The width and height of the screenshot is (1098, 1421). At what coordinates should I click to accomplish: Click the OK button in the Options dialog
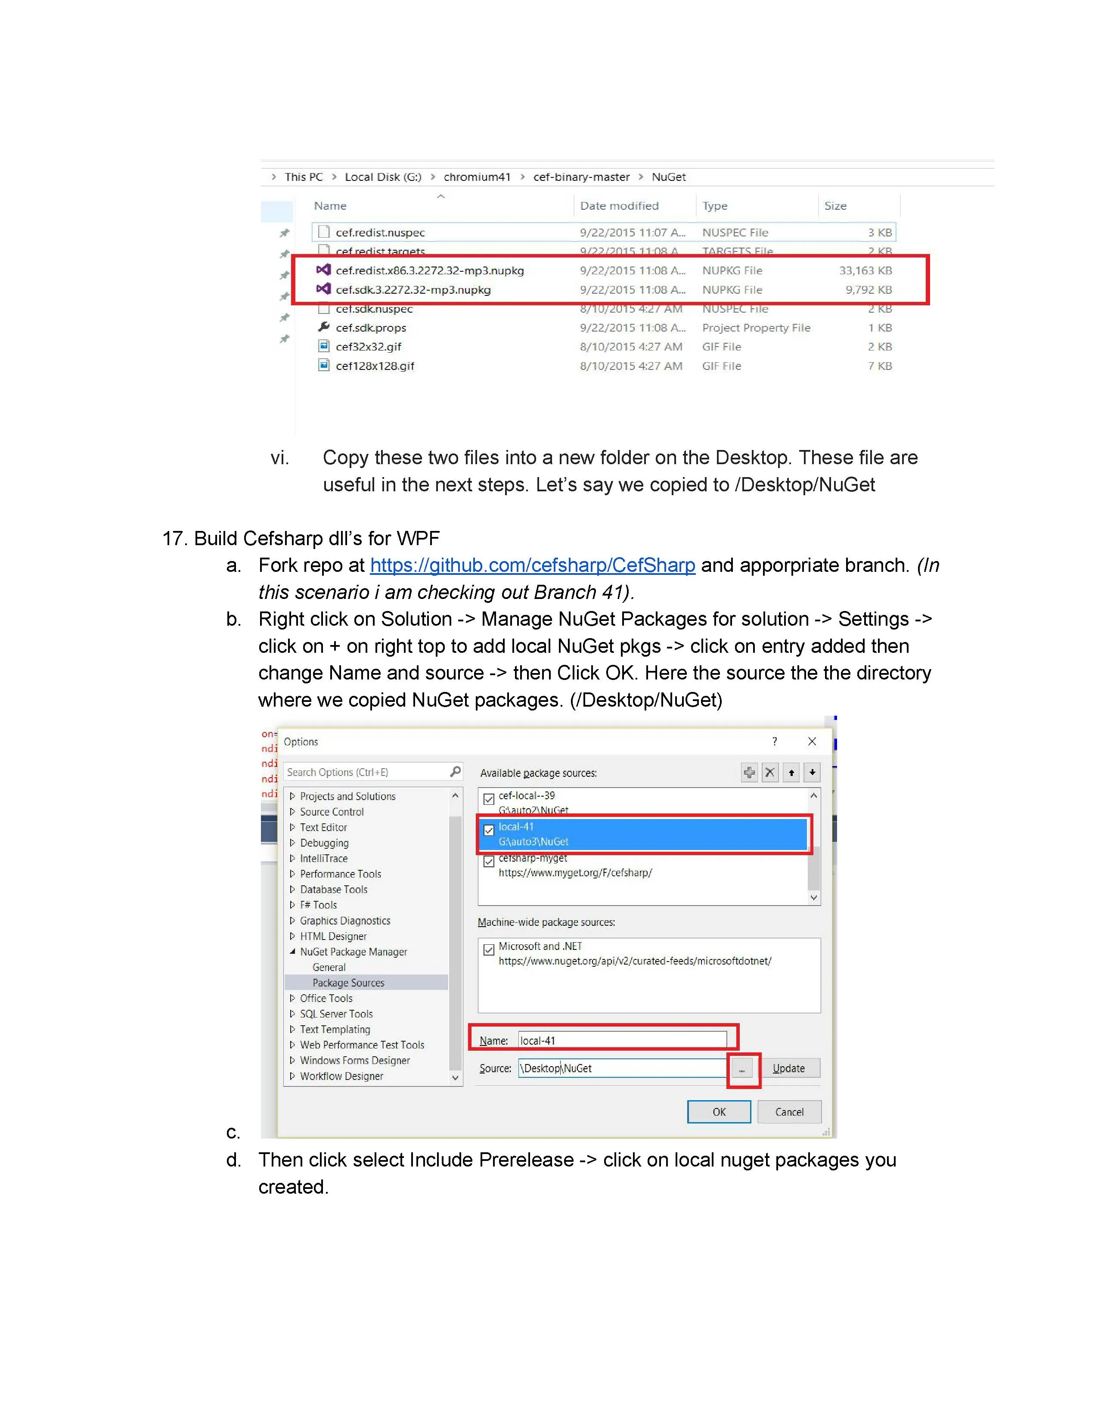pos(718,1112)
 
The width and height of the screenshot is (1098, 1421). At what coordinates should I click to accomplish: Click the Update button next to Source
pos(788,1068)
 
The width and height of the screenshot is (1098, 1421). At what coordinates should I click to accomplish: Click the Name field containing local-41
pos(621,1040)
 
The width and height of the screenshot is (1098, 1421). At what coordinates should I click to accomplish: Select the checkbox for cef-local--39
pos(489,799)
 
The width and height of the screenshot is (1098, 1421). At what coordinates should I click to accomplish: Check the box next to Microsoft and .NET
pos(489,950)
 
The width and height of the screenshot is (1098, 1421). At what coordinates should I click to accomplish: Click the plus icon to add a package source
pos(749,773)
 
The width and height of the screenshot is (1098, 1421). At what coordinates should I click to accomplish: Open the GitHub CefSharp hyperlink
pos(532,565)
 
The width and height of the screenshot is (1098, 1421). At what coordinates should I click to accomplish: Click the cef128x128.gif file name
pos(375,366)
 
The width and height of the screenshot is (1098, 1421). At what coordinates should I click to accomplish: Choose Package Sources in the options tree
pos(348,983)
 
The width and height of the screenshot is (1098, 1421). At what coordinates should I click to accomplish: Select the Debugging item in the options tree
pos(324,843)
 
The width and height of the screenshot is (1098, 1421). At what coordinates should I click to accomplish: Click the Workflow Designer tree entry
pos(341,1076)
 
